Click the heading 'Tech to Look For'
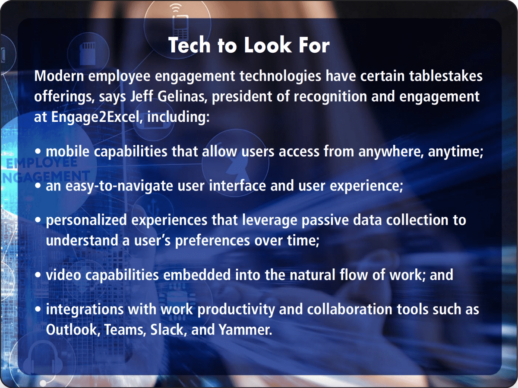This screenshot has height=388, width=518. [x=249, y=45]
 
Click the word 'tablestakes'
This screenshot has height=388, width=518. [x=446, y=76]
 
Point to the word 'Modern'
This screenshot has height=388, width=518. [x=59, y=76]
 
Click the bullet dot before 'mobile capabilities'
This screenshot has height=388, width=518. [x=38, y=151]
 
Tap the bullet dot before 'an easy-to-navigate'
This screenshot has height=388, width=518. [x=38, y=185]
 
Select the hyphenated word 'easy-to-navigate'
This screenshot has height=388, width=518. [x=119, y=186]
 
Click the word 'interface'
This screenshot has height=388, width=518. [x=237, y=185]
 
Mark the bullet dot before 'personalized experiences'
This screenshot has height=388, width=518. [x=38, y=220]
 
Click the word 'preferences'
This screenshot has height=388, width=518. [x=212, y=241]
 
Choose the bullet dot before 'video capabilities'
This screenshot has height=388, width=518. [x=38, y=275]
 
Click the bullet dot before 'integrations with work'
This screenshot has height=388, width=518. [x=38, y=309]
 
